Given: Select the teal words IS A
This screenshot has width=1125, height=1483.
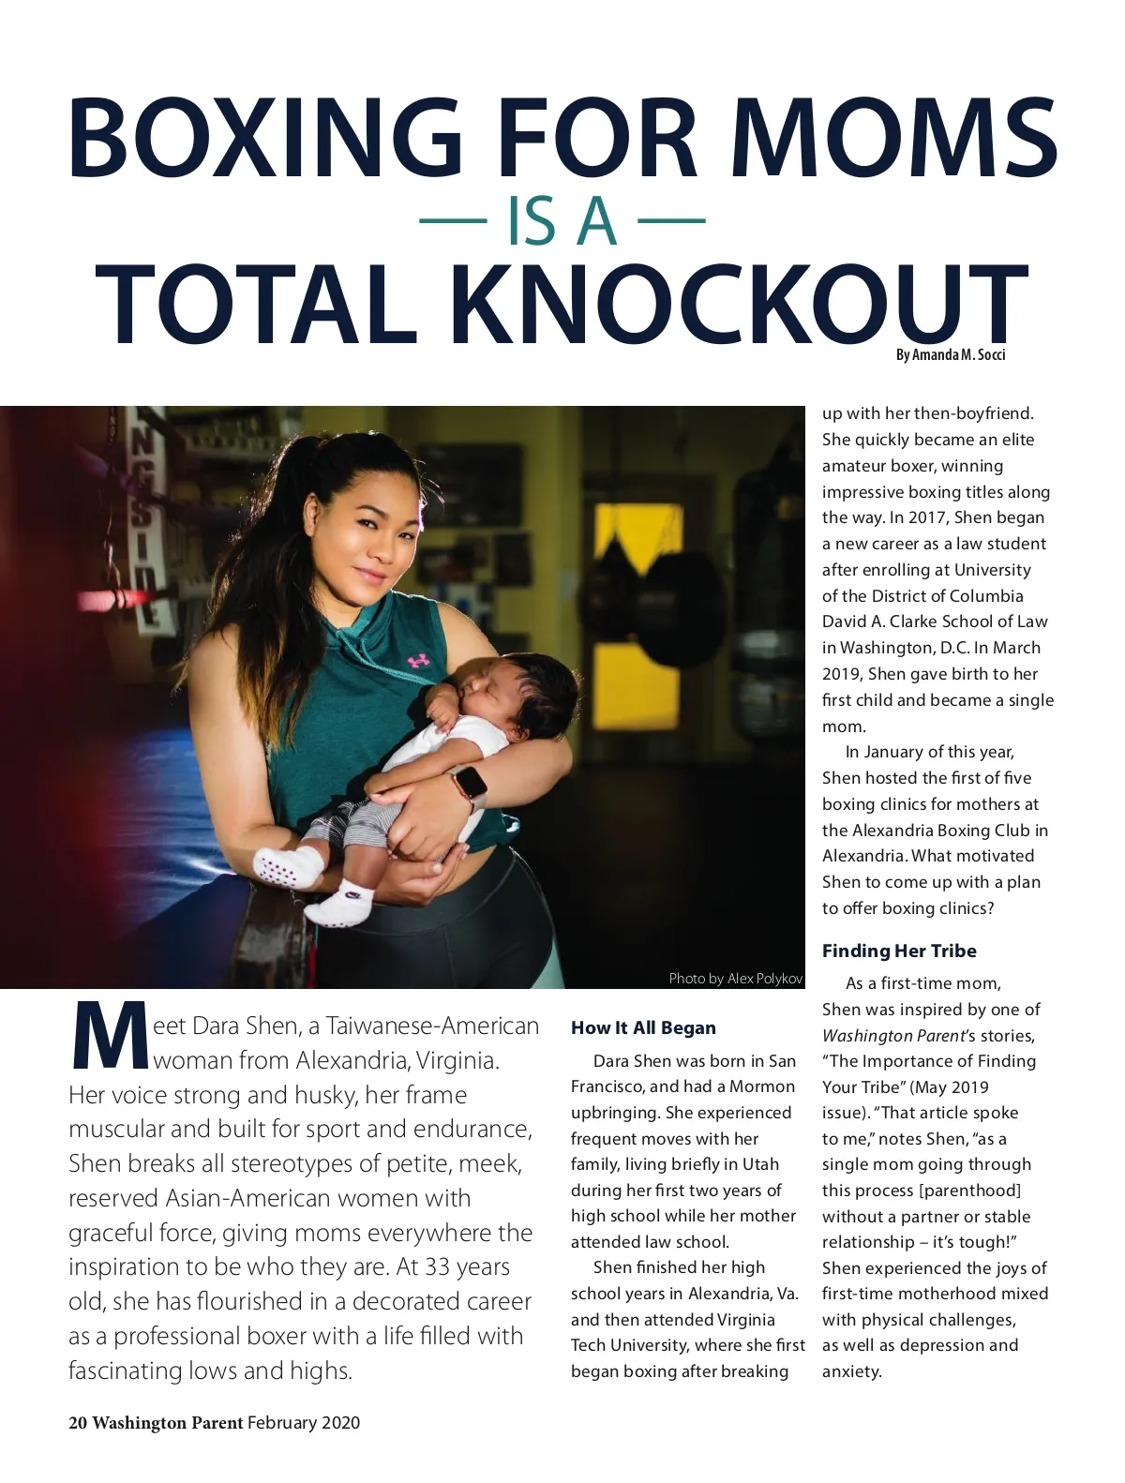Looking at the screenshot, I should coord(562,222).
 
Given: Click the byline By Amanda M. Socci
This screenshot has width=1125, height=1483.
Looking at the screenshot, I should coord(951,354).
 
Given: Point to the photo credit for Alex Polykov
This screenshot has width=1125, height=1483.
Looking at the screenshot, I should coord(736,979).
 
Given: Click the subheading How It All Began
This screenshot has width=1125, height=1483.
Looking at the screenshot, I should coord(643,1027).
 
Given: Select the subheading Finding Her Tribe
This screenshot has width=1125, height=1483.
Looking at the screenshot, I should coord(899,951).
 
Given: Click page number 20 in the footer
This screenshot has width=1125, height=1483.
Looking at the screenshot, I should coord(77,1422).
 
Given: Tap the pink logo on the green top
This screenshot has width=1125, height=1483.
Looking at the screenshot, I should coord(419,659).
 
